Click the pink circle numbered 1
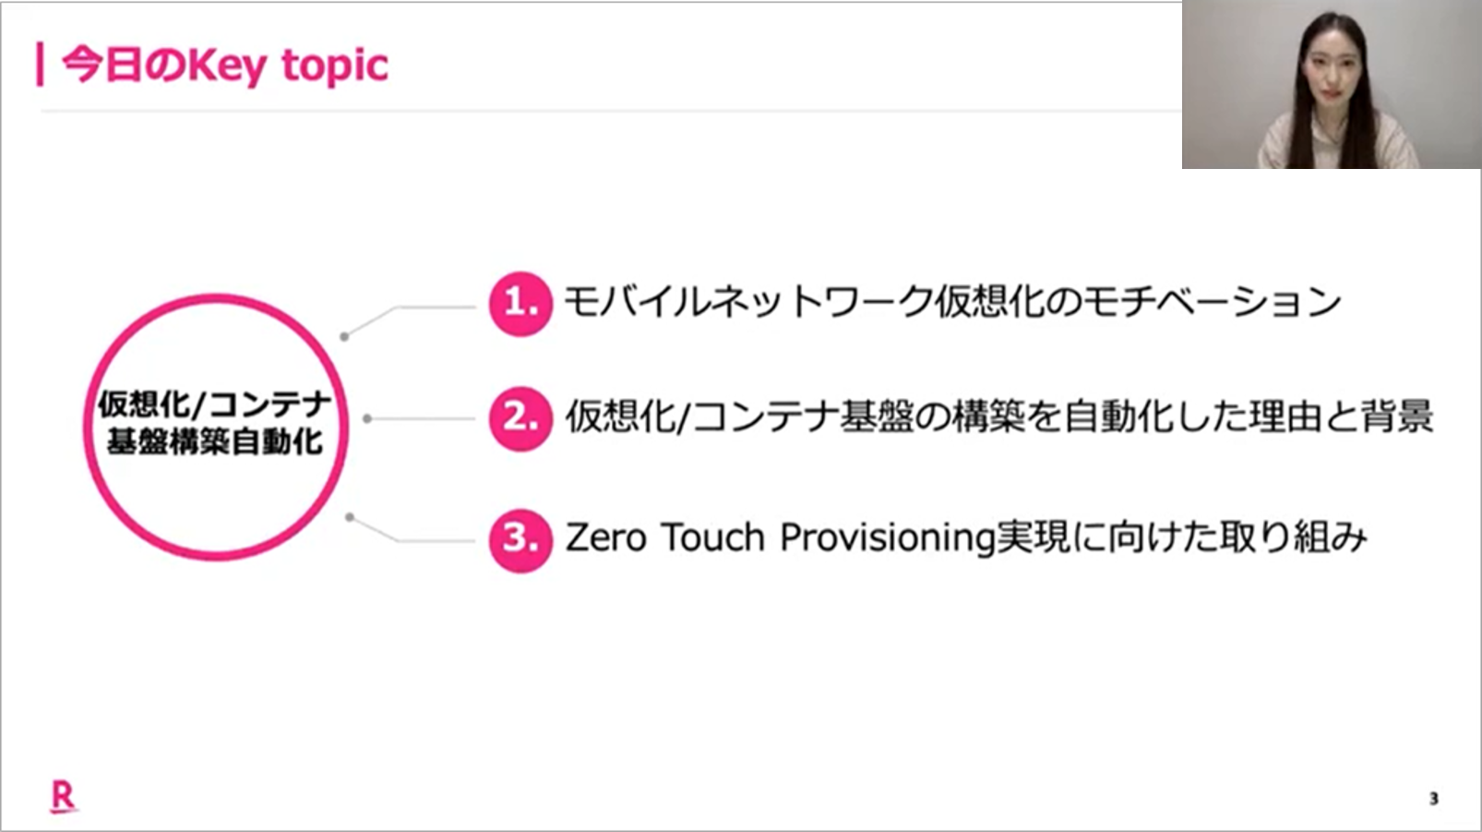coord(520,304)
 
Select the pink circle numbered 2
coord(520,419)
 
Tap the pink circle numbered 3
coord(520,540)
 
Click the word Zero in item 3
coord(605,537)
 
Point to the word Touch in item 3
coord(713,537)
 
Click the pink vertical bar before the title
coord(41,65)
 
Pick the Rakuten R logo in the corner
coord(64,796)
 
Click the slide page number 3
coord(1433,799)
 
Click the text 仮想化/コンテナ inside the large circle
coord(214,404)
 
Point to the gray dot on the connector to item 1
coord(344,337)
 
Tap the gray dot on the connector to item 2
coord(367,419)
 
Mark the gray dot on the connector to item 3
coord(350,517)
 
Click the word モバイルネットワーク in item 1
coord(748,303)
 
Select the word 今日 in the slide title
coord(102,65)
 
